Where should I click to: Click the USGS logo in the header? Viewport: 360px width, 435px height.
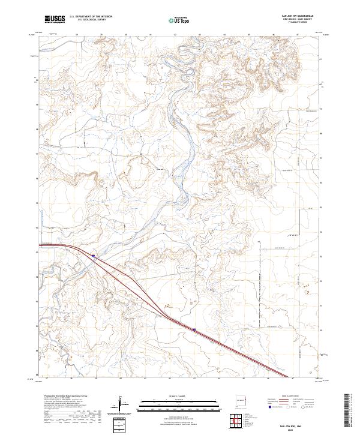[55, 19]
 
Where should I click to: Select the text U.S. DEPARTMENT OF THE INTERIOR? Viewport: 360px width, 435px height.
[91, 17]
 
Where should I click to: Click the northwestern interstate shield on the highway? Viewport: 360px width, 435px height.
[94, 255]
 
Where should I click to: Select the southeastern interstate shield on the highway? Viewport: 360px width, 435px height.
[195, 329]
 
